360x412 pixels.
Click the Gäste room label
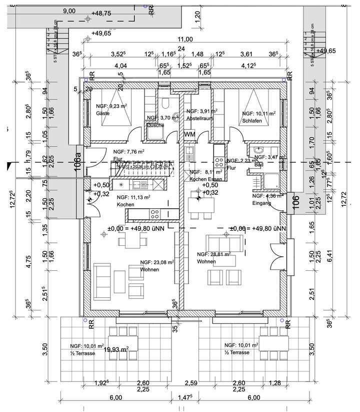click(102, 114)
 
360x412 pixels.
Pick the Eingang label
click(262, 203)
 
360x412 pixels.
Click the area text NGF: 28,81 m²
click(214, 254)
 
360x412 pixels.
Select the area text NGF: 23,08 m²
click(157, 262)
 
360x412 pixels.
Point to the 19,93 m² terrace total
click(116, 349)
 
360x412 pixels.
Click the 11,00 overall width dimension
click(185, 40)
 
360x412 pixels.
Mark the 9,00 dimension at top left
click(69, 11)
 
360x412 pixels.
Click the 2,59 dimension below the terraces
click(190, 383)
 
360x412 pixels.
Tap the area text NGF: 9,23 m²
click(112, 107)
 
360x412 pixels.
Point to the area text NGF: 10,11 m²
click(258, 114)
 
